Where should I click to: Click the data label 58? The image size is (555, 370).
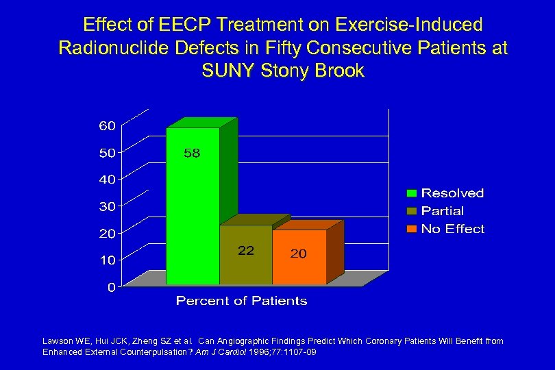click(192, 153)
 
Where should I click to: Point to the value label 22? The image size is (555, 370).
click(246, 251)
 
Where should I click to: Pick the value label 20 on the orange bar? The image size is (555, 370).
click(299, 254)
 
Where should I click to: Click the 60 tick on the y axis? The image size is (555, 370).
click(106, 125)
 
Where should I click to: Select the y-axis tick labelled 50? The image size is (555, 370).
click(106, 152)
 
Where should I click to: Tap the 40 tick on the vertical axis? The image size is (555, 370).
click(106, 179)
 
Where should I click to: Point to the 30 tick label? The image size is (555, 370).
click(106, 206)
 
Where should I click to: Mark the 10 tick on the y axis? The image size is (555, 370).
click(106, 260)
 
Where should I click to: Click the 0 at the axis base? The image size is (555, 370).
click(110, 287)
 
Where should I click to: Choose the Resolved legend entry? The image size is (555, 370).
click(452, 193)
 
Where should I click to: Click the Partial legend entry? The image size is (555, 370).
click(442, 211)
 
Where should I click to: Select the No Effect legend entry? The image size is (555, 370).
click(452, 229)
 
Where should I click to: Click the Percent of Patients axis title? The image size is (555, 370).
click(241, 301)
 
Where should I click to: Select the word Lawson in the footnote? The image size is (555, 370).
click(57, 341)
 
